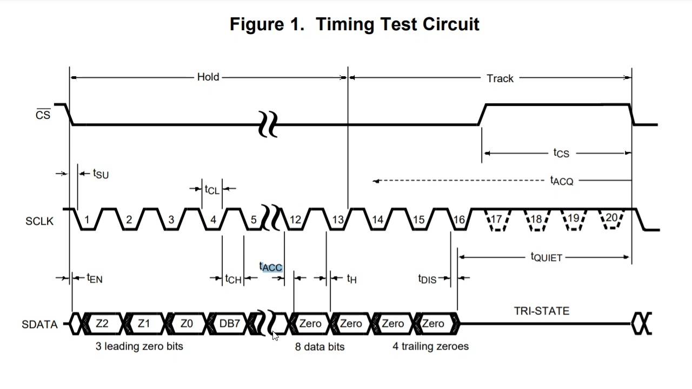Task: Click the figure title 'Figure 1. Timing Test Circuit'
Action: [x=354, y=24]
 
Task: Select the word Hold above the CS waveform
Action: [x=208, y=77]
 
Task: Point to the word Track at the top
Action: [x=500, y=78]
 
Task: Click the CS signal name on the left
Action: [x=43, y=115]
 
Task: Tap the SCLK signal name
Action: [x=39, y=221]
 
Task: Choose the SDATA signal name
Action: [x=39, y=325]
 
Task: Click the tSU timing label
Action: [x=101, y=173]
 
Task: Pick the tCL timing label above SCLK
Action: [x=212, y=189]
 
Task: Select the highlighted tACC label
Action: [x=271, y=267]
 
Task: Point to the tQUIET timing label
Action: [x=547, y=257]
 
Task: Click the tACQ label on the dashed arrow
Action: [x=561, y=180]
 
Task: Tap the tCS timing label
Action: [x=561, y=153]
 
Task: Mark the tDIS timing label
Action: [x=427, y=279]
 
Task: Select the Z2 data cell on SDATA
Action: [x=102, y=324]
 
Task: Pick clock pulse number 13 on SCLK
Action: [x=338, y=220]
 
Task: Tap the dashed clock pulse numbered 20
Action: [x=611, y=218]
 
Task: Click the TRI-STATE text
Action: [x=541, y=311]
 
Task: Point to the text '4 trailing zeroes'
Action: [x=430, y=346]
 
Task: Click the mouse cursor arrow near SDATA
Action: [x=275, y=336]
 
